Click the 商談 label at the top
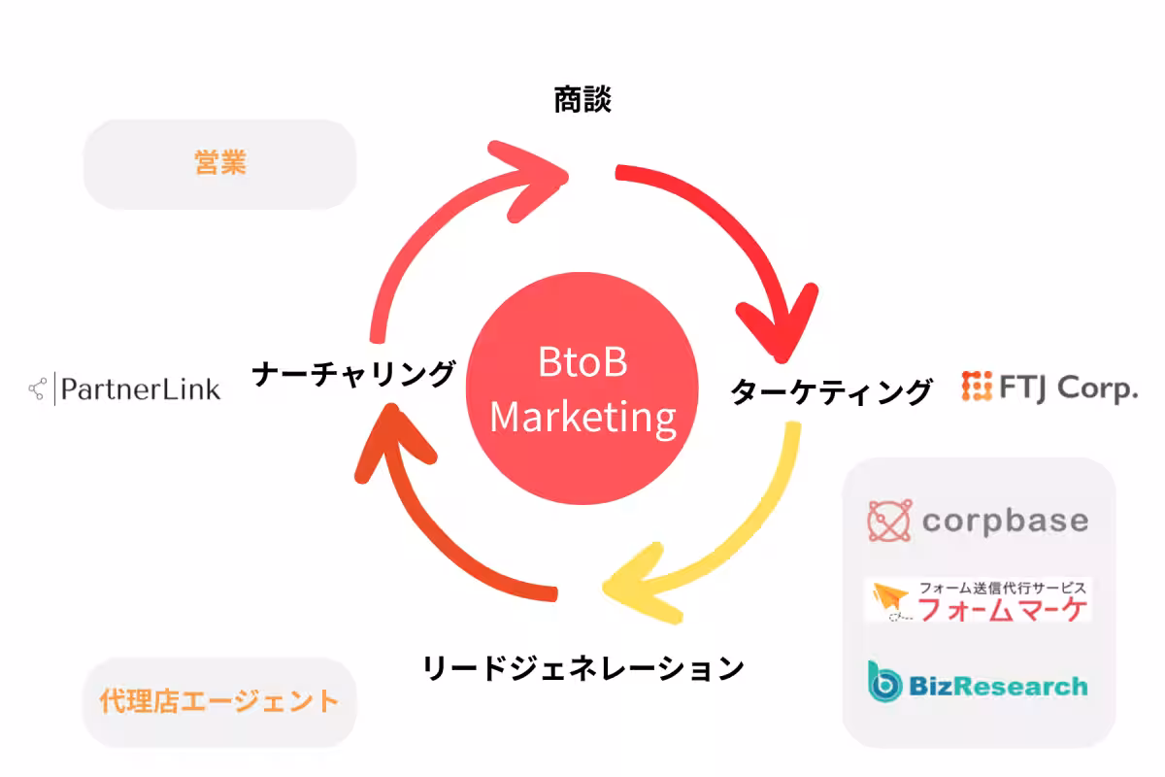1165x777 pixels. [x=582, y=100]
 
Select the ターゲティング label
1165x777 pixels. [x=831, y=391]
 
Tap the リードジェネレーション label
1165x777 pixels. [x=582, y=668]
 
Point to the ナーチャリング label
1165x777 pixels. [x=353, y=373]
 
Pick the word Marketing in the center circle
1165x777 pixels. [x=582, y=418]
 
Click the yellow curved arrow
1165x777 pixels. [x=738, y=544]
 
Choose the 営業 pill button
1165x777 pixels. [x=220, y=164]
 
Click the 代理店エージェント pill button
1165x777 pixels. [x=220, y=701]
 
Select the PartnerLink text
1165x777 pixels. [x=141, y=389]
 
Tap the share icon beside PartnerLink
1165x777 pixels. [x=38, y=389]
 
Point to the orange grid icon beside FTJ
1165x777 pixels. [x=976, y=387]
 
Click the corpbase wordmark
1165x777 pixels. [x=1005, y=521]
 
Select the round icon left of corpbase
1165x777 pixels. [x=889, y=521]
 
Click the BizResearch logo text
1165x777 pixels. [x=998, y=687]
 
